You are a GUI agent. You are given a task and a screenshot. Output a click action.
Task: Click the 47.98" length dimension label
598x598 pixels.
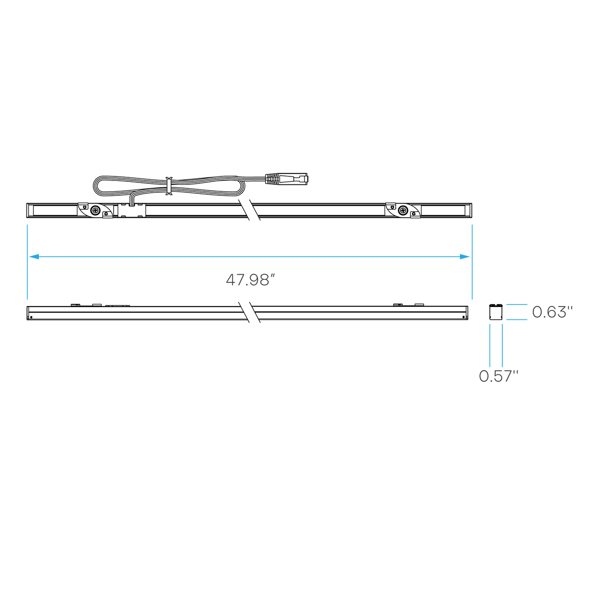(x=251, y=280)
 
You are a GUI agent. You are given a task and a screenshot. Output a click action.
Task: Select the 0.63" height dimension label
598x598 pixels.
(x=552, y=312)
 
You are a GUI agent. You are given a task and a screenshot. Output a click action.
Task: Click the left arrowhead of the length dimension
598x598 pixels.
(x=34, y=257)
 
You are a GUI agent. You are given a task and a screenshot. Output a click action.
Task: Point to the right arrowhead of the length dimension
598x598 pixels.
(x=464, y=257)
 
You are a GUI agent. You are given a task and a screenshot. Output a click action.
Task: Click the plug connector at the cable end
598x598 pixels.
(x=286, y=179)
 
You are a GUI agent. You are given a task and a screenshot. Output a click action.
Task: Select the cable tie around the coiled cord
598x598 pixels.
(x=169, y=186)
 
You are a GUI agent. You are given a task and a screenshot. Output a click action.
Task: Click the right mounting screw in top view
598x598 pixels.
(x=403, y=210)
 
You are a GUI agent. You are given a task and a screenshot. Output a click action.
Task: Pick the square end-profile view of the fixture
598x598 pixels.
(x=496, y=311)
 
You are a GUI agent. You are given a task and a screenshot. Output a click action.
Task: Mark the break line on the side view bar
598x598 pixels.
(x=249, y=312)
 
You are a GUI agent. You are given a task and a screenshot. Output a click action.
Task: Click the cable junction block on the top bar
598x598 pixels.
(x=132, y=210)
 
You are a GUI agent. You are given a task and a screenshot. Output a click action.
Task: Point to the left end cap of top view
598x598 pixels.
(x=30, y=210)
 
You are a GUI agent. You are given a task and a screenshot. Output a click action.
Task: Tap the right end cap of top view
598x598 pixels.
(x=468, y=210)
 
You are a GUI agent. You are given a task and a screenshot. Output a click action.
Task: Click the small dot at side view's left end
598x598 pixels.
(x=31, y=317)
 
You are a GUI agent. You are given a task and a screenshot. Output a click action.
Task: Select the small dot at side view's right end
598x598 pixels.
(x=463, y=317)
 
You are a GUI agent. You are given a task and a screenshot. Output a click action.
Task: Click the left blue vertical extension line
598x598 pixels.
(x=27, y=262)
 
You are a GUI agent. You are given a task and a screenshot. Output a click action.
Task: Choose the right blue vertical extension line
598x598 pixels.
(x=472, y=262)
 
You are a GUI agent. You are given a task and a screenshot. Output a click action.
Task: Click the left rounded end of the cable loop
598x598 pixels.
(x=94, y=186)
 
